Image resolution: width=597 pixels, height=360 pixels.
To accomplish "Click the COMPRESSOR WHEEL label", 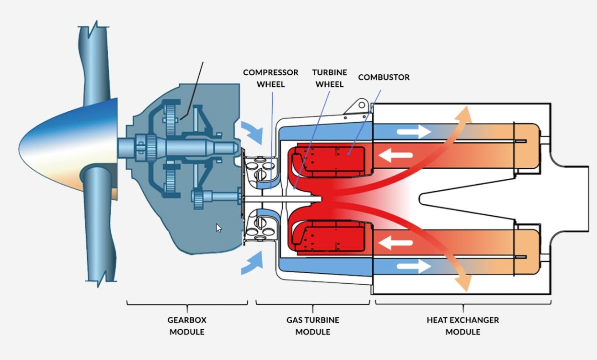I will (271, 78).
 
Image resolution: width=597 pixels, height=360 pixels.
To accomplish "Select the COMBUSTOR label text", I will (384, 77).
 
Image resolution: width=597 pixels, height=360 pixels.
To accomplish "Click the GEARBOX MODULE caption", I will (187, 325).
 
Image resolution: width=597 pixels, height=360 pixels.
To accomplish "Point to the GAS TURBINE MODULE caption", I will (313, 325).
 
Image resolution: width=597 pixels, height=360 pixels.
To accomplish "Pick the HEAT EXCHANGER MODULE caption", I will (463, 325).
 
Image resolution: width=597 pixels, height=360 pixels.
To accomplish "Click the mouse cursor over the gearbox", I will (218, 228).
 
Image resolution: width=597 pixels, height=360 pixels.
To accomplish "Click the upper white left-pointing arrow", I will (396, 154).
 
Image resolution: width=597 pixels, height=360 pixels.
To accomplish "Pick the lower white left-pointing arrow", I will (396, 241).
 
